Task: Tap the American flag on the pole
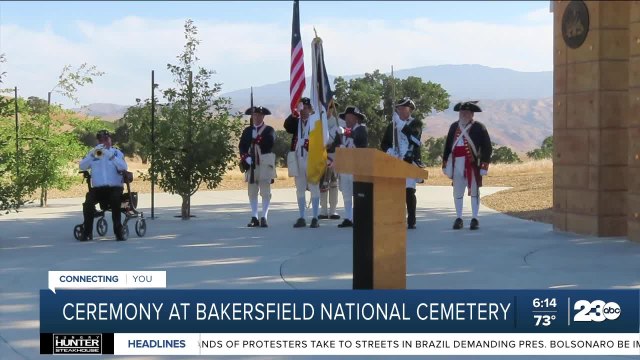pos(297,65)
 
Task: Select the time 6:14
pos(544,302)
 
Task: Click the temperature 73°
pos(544,321)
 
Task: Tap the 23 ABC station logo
pos(596,311)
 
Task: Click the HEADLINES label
pos(156,343)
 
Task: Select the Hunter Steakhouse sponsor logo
pos(76,343)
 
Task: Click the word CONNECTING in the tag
pos(88,279)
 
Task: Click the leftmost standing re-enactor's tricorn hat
pos(258,110)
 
